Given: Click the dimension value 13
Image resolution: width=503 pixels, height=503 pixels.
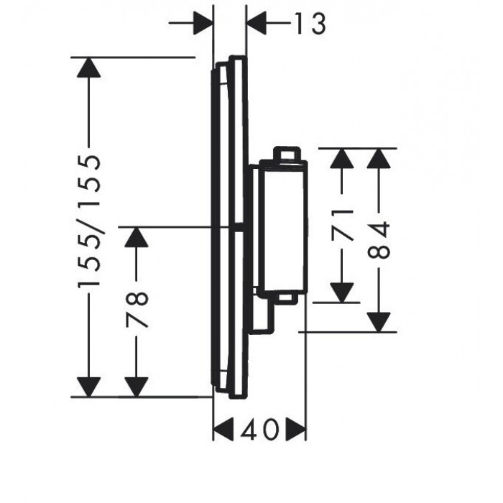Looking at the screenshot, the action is click(310, 24).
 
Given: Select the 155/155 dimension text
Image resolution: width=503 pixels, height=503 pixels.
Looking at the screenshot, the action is click(89, 221).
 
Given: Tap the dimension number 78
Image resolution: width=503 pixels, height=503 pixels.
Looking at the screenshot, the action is click(137, 309).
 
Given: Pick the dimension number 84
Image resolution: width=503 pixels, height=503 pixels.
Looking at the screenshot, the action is click(379, 240).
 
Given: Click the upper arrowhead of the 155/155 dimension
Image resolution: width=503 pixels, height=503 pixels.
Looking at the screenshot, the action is click(89, 68).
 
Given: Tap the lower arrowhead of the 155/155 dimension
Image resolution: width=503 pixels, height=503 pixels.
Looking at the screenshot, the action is click(89, 387).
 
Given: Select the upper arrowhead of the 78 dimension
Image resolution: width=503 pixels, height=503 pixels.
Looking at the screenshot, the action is click(137, 237).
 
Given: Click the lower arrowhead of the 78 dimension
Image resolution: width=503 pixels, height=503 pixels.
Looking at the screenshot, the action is click(137, 387).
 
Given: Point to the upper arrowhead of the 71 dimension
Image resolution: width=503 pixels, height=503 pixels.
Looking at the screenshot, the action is click(342, 159).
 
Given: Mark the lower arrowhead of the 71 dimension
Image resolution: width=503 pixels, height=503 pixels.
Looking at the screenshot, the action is click(342, 292).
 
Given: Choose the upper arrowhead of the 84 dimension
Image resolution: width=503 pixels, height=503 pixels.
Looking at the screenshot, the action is click(379, 159).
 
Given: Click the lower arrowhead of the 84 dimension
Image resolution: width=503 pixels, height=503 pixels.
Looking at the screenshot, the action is click(379, 322).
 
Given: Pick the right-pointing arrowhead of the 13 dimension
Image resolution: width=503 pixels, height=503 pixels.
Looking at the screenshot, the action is click(203, 23).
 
